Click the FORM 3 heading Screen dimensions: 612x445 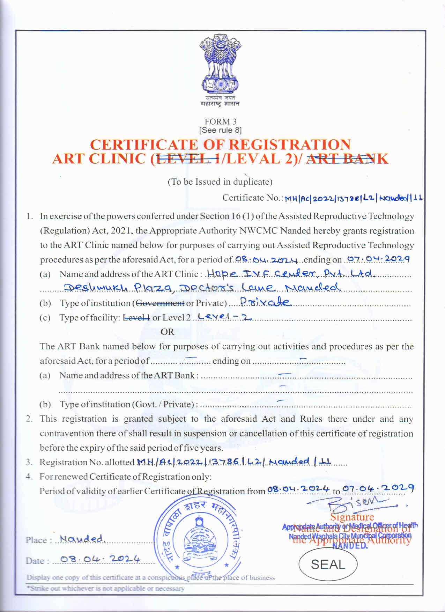point(220,121)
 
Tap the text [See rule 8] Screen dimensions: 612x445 point(220,130)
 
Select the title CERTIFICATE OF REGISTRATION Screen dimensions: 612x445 point(220,145)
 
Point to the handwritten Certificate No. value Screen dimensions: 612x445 point(353,198)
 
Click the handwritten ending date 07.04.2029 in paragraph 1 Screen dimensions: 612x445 point(377,259)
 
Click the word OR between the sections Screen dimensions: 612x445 point(167,332)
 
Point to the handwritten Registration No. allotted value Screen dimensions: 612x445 point(233,462)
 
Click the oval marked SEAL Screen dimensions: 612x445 point(328,565)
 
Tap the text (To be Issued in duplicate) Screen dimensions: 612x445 point(220,182)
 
